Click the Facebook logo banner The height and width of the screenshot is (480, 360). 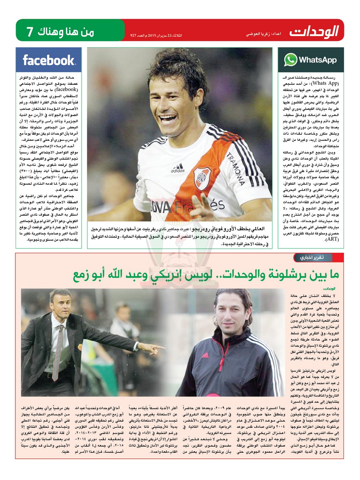click(x=48, y=60)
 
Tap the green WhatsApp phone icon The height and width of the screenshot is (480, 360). click(x=291, y=60)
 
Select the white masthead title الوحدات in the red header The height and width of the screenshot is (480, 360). click(x=314, y=31)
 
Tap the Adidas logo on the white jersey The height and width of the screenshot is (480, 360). click(x=178, y=168)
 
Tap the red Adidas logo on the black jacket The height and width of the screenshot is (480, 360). click(x=205, y=355)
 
